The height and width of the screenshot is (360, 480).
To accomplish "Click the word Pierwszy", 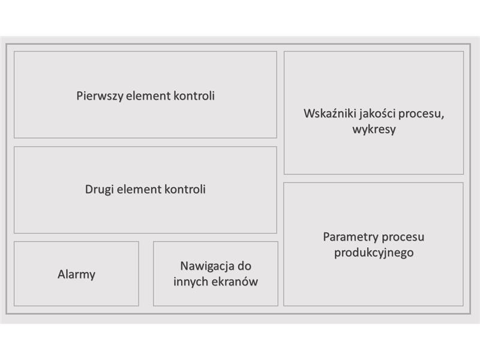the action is click(100, 96).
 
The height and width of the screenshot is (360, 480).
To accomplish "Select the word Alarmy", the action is click(77, 275).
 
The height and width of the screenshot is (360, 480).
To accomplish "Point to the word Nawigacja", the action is click(207, 266).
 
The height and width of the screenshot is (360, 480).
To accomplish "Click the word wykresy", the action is click(374, 130).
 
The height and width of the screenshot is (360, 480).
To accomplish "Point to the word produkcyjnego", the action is click(374, 253).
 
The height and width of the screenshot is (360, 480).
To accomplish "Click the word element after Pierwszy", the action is click(148, 96).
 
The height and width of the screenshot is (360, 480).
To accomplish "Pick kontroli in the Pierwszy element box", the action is click(194, 96).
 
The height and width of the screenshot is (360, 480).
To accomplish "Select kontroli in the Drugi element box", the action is click(185, 190).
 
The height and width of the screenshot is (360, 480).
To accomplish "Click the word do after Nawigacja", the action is click(245, 266).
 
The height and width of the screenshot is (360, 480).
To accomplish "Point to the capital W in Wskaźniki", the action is click(309, 114).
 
